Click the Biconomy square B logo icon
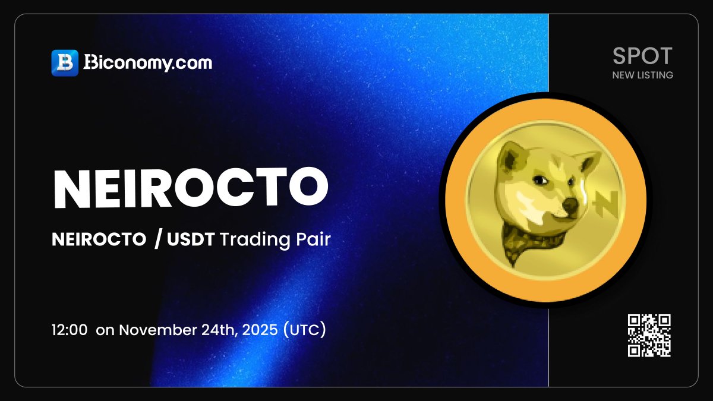[65, 63]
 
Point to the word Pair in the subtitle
[313, 240]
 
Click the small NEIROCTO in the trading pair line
[99, 240]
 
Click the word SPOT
[642, 56]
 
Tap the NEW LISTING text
[642, 75]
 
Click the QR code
[649, 336]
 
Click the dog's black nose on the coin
[569, 204]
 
